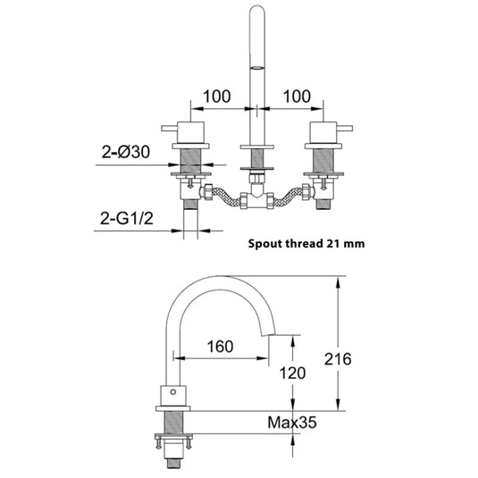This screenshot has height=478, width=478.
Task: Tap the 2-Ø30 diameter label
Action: pos(125,154)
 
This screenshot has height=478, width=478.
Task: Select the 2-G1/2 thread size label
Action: pos(125,217)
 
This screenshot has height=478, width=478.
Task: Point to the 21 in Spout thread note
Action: pos(335,241)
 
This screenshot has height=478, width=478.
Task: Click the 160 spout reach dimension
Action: pos(222,346)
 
